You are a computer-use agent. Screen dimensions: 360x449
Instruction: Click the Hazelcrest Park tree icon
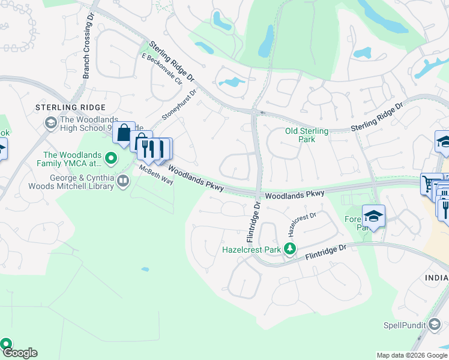291,248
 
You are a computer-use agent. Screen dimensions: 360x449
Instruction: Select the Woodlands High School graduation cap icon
51,124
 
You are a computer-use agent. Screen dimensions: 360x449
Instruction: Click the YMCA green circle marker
110,159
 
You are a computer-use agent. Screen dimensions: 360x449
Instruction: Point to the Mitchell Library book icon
123,181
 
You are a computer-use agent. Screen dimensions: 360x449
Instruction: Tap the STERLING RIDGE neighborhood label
70,107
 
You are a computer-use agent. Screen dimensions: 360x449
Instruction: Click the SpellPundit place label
406,326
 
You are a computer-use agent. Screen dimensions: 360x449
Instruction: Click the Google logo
19,353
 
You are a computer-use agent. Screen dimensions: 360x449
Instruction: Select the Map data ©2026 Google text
412,355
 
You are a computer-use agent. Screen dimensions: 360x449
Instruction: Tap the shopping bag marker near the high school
124,133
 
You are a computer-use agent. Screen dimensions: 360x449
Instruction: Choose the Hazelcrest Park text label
252,248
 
